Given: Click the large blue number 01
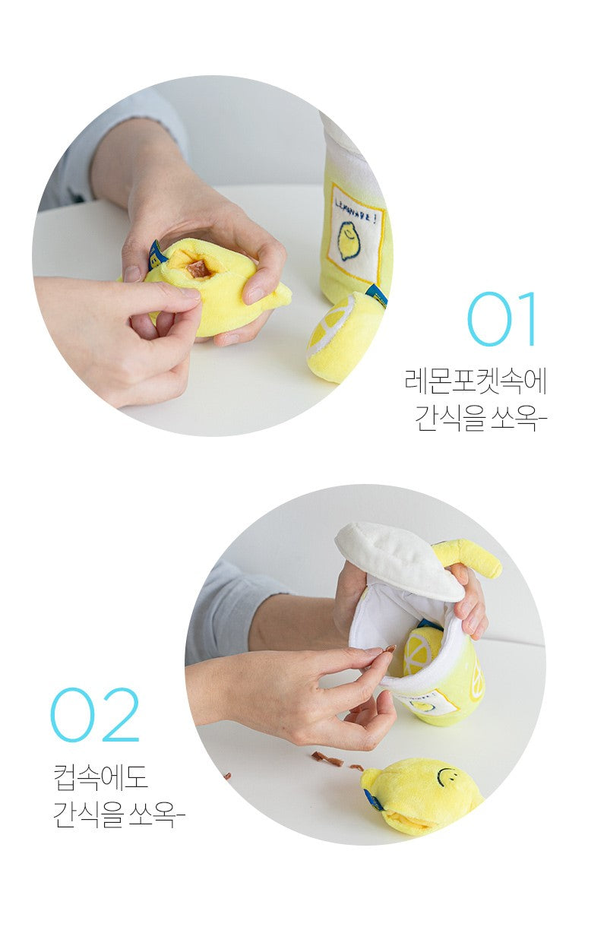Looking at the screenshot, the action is pyautogui.click(x=501, y=319).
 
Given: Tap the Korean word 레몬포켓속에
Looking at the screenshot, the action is pyautogui.click(x=476, y=381).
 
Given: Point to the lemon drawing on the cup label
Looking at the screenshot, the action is pyautogui.click(x=349, y=241).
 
